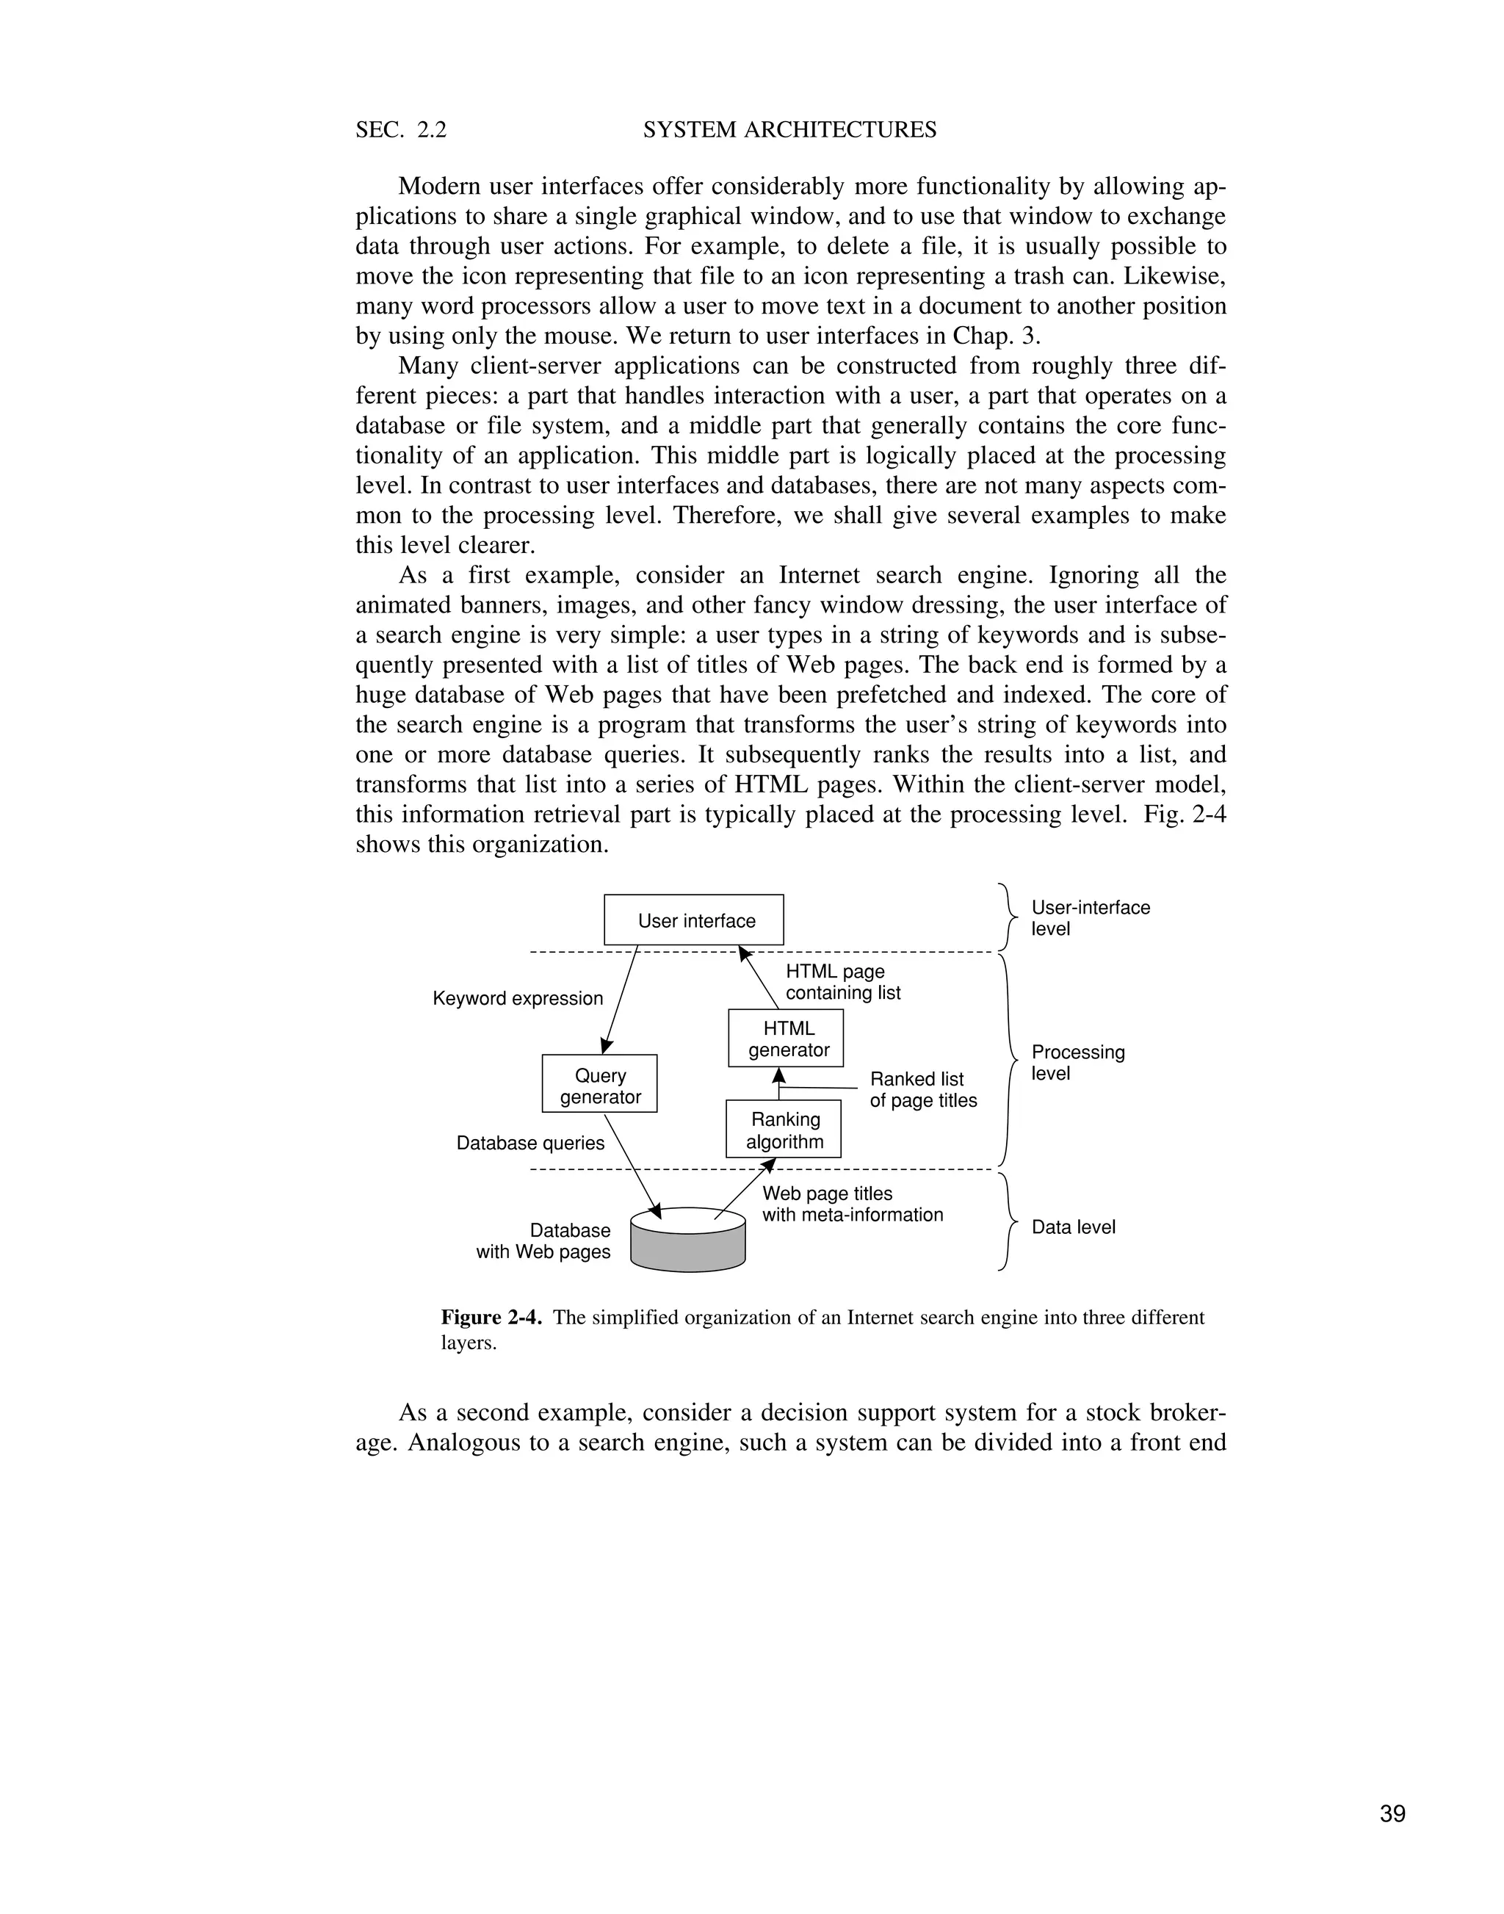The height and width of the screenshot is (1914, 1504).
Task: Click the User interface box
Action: tap(693, 920)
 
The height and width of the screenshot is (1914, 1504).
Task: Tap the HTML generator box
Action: tap(786, 1039)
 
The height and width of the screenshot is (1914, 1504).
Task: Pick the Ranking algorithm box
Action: tap(783, 1129)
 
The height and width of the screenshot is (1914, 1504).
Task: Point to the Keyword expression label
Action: tap(517, 998)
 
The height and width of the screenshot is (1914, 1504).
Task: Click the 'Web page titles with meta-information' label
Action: tap(850, 1204)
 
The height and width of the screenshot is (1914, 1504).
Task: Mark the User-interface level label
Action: tap(1089, 918)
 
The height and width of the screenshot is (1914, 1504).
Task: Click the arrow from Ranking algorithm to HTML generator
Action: tap(778, 1083)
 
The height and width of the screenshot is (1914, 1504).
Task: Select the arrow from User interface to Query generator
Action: tap(620, 1000)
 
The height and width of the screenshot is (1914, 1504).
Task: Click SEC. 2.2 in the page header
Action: tap(401, 130)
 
